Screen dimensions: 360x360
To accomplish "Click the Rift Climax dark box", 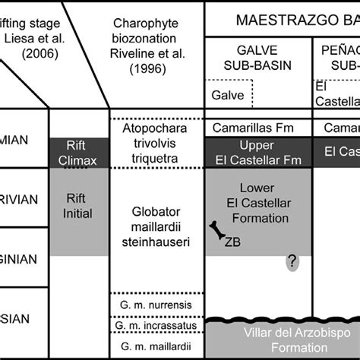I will coord(77,151).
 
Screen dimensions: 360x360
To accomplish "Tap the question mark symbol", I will coord(291,262).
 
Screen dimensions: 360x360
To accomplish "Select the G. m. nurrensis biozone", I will coord(158,305).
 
